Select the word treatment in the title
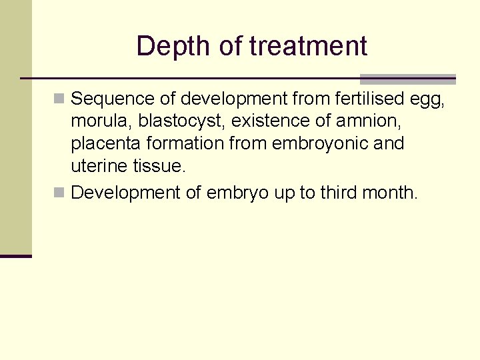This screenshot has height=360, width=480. click(308, 47)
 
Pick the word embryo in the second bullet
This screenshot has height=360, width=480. click(237, 193)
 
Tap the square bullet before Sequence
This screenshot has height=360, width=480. click(60, 99)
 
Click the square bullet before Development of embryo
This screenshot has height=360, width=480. click(60, 193)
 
